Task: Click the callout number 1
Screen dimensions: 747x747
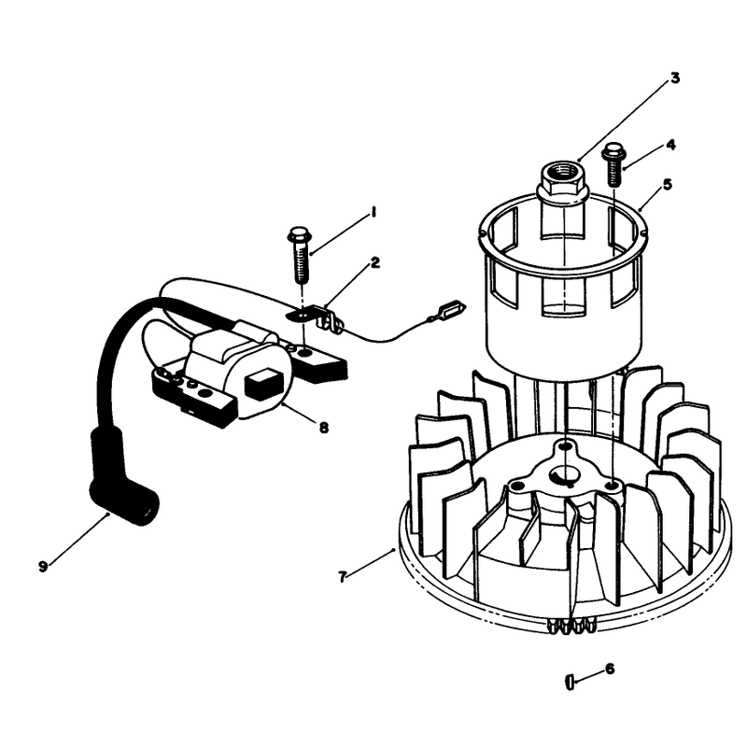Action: (x=374, y=212)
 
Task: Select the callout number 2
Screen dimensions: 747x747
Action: (x=376, y=262)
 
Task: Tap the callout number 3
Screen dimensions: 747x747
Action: (x=675, y=78)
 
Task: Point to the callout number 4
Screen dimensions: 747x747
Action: (x=670, y=145)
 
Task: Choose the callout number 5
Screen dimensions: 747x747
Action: (x=668, y=184)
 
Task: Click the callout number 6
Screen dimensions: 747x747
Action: (x=610, y=669)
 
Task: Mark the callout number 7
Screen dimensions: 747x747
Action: (x=342, y=577)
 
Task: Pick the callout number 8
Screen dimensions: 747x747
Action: (x=324, y=428)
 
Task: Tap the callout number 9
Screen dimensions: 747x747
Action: (x=43, y=567)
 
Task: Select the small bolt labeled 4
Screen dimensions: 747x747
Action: (x=613, y=164)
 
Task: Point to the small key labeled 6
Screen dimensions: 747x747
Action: (x=570, y=682)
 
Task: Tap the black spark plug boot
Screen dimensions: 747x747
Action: (x=125, y=476)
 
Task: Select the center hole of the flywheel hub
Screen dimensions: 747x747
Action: (x=564, y=475)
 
